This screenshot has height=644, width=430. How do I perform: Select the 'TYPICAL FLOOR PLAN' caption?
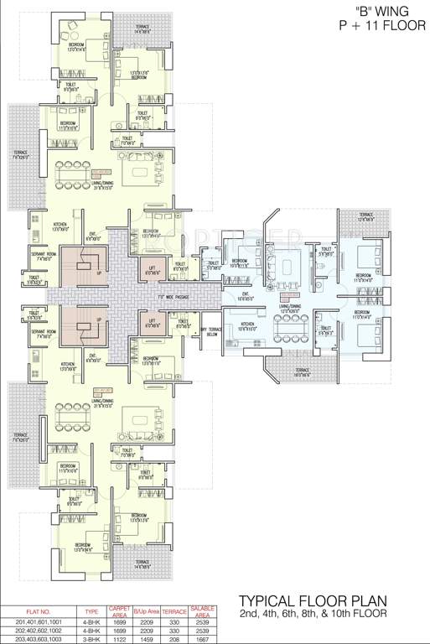pyautogui.click(x=313, y=601)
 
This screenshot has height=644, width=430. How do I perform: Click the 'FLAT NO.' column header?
pyautogui.click(x=39, y=610)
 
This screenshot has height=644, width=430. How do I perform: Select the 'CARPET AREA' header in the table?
pyautogui.click(x=117, y=610)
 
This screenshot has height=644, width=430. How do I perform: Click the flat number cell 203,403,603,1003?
pyautogui.click(x=39, y=639)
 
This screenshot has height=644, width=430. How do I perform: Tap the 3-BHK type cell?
pyautogui.click(x=92, y=639)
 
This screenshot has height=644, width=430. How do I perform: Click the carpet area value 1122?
pyautogui.click(x=117, y=639)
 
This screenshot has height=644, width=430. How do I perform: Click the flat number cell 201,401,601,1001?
pyautogui.click(x=39, y=622)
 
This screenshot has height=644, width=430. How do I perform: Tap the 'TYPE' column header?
pyautogui.click(x=92, y=611)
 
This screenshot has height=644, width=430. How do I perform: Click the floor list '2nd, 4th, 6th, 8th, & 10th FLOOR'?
pyautogui.click(x=313, y=614)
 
